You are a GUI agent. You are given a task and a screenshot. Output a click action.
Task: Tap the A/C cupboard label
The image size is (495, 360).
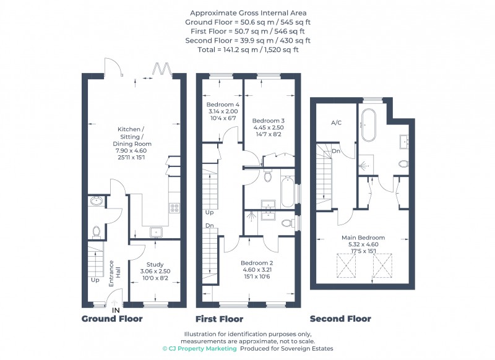(x=336, y=122)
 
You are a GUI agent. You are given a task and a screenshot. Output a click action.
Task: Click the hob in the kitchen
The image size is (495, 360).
(x=174, y=208)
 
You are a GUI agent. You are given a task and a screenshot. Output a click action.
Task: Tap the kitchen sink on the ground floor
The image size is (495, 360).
(x=157, y=232)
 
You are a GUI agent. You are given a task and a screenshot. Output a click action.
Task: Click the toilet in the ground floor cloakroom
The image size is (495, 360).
(x=97, y=232)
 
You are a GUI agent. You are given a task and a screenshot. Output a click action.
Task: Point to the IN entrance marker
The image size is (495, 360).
(x=116, y=311)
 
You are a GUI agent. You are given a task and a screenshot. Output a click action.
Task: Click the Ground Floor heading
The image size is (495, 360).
(x=112, y=319)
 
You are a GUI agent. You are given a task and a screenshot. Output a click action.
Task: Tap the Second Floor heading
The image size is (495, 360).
(x=340, y=319)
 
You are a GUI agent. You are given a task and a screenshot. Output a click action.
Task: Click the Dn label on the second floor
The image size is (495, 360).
(x=336, y=151)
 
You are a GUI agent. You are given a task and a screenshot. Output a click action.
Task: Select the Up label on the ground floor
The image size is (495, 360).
(x=95, y=280)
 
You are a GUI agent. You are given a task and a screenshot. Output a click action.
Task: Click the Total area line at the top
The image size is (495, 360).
(x=248, y=49)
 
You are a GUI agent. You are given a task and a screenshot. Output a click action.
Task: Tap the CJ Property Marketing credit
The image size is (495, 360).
(x=199, y=349)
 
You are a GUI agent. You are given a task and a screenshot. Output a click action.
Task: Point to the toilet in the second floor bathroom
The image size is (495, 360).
(x=403, y=164)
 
